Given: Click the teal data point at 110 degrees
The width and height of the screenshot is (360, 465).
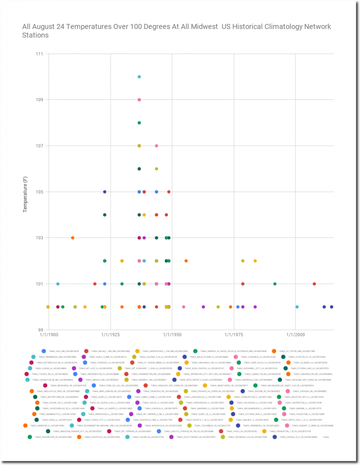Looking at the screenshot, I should pyautogui.click(x=139, y=77).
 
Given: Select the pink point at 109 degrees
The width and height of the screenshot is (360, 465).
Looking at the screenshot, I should pyautogui.click(x=139, y=100).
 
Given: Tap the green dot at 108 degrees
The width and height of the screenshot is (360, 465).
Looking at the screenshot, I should pyautogui.click(x=139, y=123).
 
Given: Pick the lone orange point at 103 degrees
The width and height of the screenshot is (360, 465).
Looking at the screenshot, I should pyautogui.click(x=73, y=238).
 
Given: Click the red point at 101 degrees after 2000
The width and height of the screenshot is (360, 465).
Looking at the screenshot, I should pyautogui.click(x=314, y=284).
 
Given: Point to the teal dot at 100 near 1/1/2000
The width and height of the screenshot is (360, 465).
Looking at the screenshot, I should pyautogui.click(x=297, y=307).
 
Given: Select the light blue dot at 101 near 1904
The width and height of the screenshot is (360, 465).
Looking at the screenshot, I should pyautogui.click(x=58, y=284).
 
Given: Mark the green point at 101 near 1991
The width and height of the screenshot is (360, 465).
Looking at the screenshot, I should pyautogui.click(x=275, y=284).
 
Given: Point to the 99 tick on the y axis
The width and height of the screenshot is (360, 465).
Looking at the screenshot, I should pyautogui.click(x=40, y=330).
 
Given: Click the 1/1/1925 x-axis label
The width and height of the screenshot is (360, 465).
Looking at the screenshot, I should pyautogui.click(x=111, y=335).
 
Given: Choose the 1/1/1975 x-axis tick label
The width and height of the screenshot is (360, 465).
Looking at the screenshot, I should pyautogui.click(x=234, y=335).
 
